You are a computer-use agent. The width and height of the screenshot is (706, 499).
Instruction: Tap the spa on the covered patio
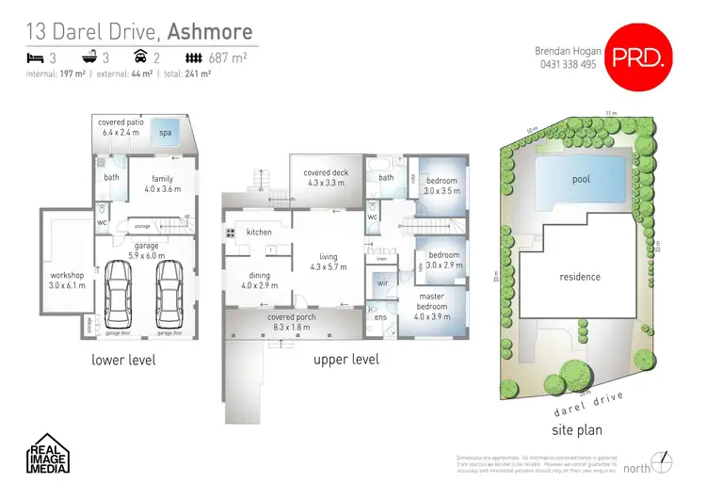167,133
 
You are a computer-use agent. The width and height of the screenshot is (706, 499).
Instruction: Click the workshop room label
67,280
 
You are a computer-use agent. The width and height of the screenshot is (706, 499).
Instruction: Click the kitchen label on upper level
259,232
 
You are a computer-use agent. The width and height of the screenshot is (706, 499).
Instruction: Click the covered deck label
323,177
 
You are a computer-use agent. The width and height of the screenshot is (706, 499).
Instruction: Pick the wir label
382,282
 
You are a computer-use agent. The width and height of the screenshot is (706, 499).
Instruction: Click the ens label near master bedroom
380,317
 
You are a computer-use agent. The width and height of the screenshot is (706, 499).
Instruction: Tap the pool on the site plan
581,179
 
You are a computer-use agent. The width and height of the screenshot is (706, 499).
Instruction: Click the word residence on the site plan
580,277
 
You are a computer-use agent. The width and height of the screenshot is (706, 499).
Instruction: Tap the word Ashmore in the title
210,31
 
